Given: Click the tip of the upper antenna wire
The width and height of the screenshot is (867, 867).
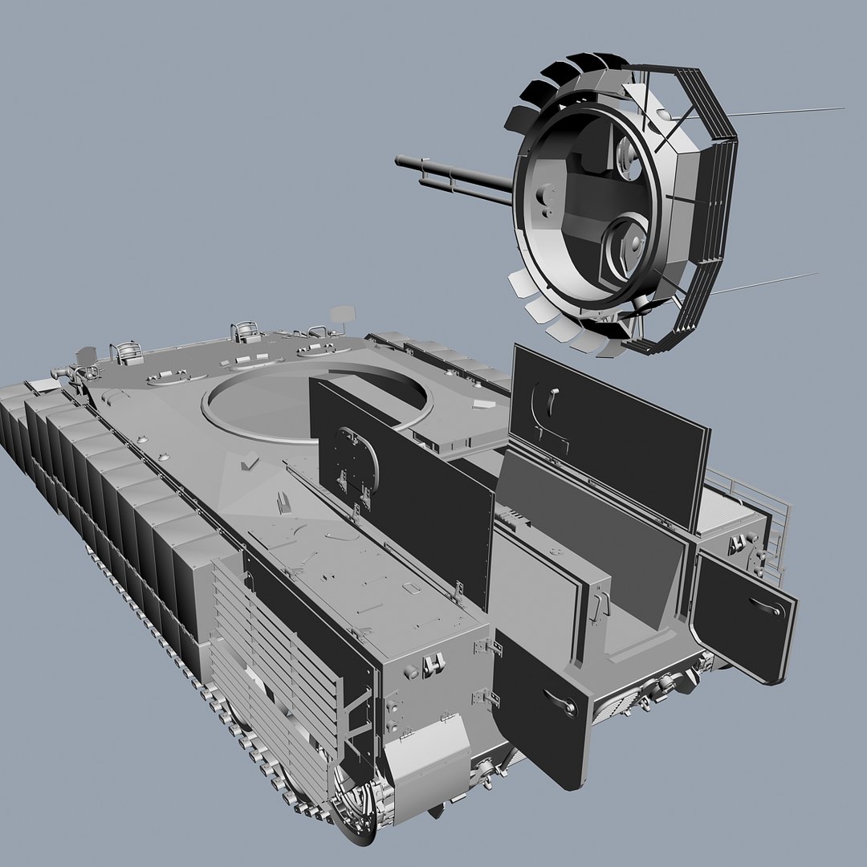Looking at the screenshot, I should [x=843, y=108].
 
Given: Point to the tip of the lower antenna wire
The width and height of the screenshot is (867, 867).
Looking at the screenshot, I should [x=816, y=274].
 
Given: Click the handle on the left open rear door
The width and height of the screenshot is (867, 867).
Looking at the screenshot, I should [x=562, y=703].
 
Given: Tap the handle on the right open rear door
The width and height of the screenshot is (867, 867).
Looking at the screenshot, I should [x=767, y=608].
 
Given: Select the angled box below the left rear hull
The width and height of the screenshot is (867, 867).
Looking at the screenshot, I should [x=425, y=759].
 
